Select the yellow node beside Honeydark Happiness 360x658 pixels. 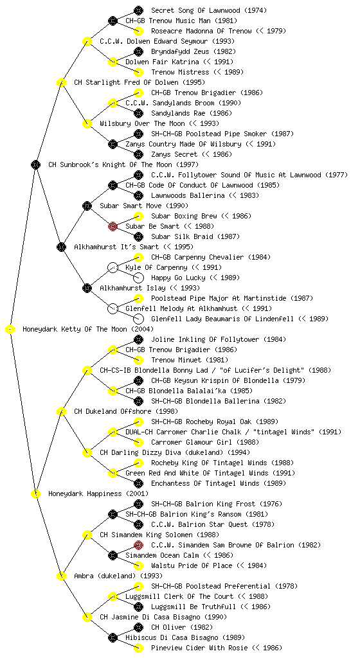click(x=35, y=494)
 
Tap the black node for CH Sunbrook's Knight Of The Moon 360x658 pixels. click(x=35, y=165)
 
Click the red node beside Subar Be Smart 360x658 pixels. click(x=113, y=227)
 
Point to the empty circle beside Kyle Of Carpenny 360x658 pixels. click(x=113, y=268)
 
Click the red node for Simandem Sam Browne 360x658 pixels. click(x=138, y=545)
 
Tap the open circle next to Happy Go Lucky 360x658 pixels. click(x=138, y=278)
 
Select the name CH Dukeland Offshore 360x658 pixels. click(x=113, y=412)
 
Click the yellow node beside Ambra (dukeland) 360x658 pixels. click(x=61, y=576)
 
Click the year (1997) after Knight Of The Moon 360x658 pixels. click(x=187, y=165)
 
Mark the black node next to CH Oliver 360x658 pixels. click(x=138, y=627)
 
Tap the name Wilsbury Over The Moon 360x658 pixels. click(x=142, y=124)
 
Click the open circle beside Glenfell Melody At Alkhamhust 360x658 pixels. click(x=113, y=309)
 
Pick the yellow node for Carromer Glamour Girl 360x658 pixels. click(x=138, y=442)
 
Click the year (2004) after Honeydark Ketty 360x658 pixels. click(x=142, y=330)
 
